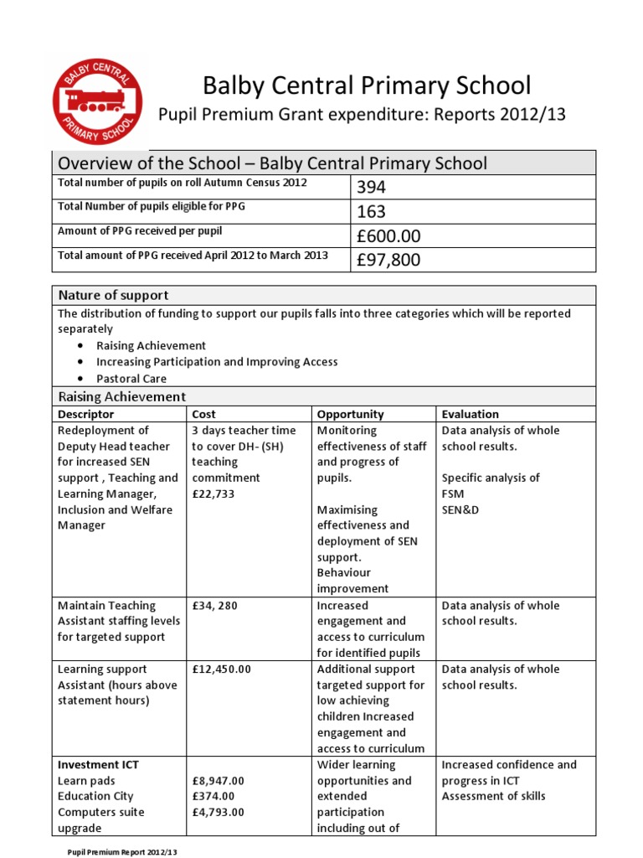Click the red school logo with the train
[x=97, y=101]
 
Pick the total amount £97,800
[x=388, y=260]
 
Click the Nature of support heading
[x=113, y=295]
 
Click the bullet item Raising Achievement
[x=151, y=345]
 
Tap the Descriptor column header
[x=85, y=414]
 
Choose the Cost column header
[x=203, y=414]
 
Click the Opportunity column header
[x=350, y=414]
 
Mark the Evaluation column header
[x=470, y=414]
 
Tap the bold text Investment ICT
[x=98, y=764]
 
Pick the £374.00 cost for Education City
[x=213, y=796]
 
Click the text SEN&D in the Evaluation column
[x=461, y=509]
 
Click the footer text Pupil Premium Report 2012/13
[x=123, y=851]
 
